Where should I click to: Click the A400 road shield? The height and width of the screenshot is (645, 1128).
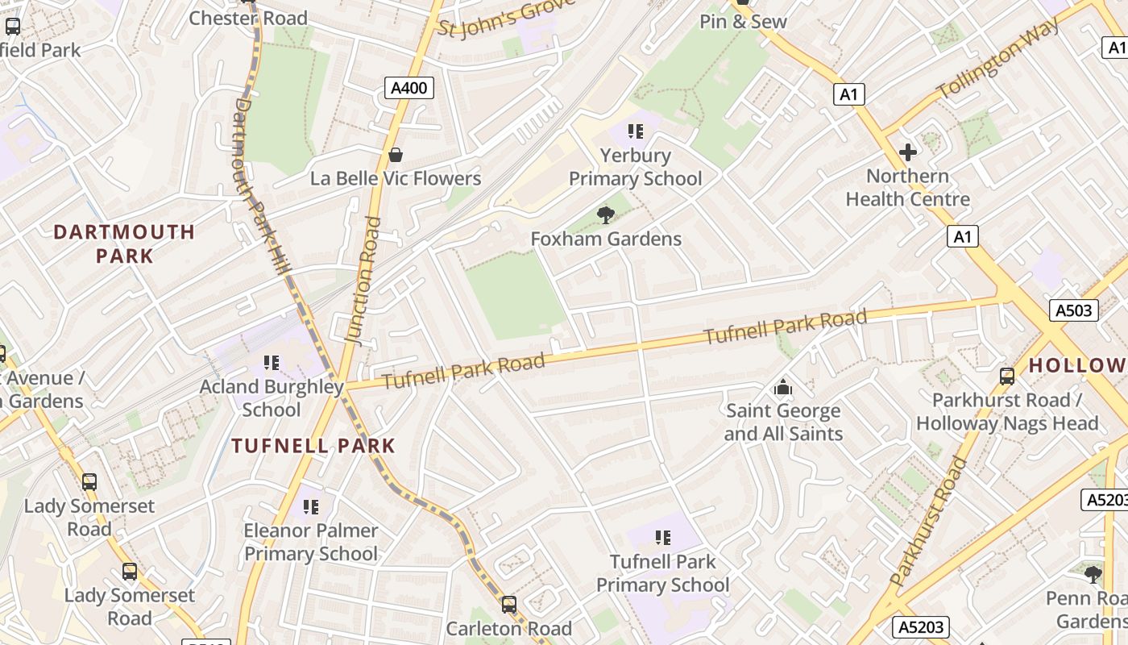(x=408, y=88)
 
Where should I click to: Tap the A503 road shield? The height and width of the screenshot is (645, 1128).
(x=1074, y=310)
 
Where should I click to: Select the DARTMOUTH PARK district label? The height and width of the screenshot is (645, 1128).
(x=124, y=243)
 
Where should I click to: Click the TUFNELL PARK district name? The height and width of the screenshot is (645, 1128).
(x=313, y=445)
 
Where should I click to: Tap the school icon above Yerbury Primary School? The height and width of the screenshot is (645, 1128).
(x=636, y=131)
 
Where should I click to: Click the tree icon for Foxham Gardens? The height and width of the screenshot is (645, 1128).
(x=605, y=214)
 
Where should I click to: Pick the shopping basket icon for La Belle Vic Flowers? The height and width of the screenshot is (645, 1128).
(x=396, y=154)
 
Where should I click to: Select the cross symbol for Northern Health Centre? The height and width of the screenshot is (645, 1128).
(x=908, y=152)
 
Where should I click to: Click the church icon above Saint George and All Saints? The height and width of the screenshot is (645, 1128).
(x=782, y=388)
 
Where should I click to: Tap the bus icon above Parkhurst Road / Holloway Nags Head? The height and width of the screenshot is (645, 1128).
(x=1006, y=376)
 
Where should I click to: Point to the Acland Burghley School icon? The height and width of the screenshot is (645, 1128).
(x=272, y=363)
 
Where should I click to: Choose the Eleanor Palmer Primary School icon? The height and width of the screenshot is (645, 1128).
(x=310, y=506)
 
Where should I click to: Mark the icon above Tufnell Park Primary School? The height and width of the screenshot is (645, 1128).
(x=662, y=537)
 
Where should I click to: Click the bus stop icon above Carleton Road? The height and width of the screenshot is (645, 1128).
(x=508, y=604)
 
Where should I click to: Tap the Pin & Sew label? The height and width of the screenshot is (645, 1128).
(x=742, y=22)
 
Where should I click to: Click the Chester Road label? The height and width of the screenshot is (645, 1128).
(x=248, y=18)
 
